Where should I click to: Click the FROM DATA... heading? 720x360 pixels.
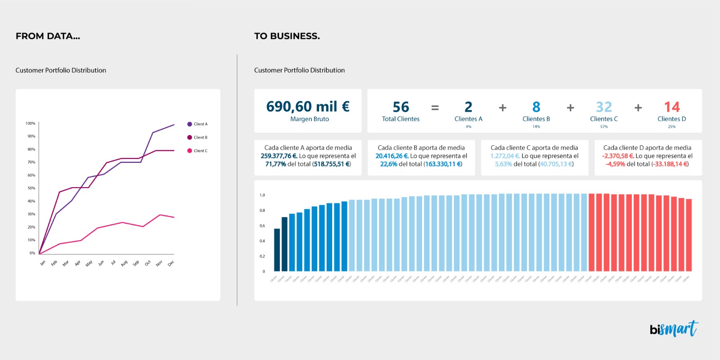click(48, 36)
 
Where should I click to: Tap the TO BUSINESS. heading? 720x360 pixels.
click(287, 36)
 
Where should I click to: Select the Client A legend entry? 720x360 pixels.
click(198, 124)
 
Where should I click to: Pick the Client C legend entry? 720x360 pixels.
click(198, 151)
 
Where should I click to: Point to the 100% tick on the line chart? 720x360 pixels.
click(30, 123)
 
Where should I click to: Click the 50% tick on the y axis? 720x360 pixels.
click(31, 188)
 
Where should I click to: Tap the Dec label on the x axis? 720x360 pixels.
click(171, 264)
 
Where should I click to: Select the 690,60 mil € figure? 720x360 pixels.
click(308, 106)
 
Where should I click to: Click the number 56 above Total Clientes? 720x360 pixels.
click(400, 107)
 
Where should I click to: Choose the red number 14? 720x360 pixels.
click(671, 107)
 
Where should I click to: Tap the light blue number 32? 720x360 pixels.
click(603, 107)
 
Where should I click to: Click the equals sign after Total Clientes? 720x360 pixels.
click(435, 108)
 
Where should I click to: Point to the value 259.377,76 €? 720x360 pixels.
click(279, 156)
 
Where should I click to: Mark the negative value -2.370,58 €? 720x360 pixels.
click(618, 156)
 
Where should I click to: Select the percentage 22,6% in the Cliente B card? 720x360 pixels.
click(389, 164)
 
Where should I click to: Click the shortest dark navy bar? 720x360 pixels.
click(277, 250)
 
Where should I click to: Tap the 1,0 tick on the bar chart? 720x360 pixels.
click(262, 195)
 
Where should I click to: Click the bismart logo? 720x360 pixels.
click(674, 329)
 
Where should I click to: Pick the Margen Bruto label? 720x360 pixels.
click(310, 119)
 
